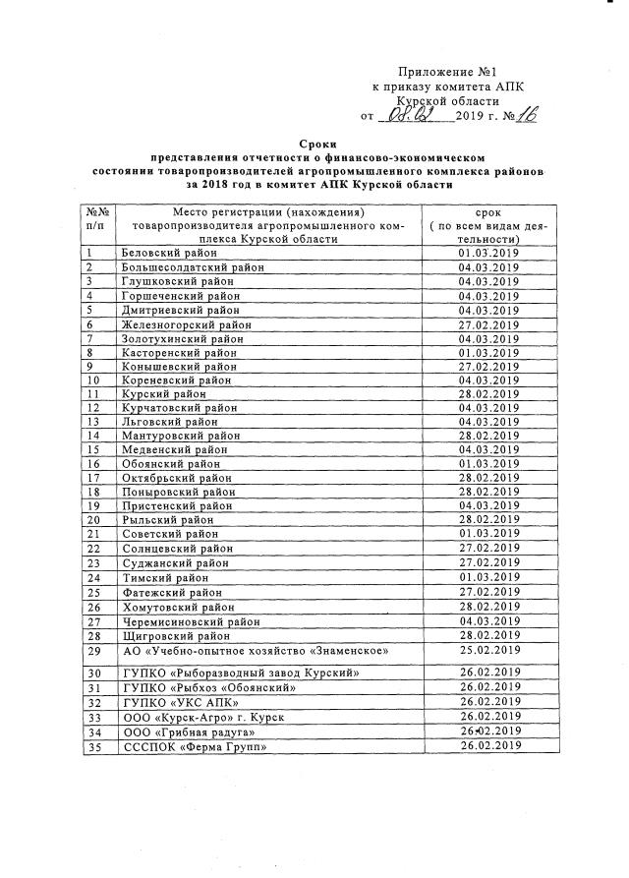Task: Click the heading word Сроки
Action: click(x=316, y=144)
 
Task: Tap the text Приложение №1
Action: click(x=442, y=72)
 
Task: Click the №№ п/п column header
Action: click(x=96, y=218)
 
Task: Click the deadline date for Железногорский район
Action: click(x=487, y=324)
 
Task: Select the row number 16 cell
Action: click(x=94, y=463)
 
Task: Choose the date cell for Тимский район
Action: click(x=487, y=578)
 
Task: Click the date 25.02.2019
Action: click(x=487, y=650)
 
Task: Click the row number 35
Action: click(x=94, y=746)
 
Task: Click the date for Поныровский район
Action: click(x=487, y=492)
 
